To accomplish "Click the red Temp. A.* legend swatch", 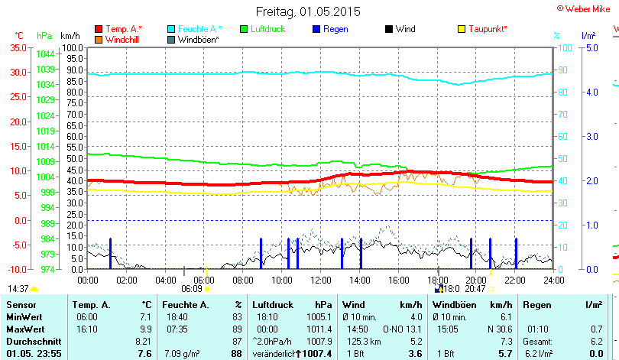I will (x=99, y=29).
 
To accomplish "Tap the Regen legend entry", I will (x=336, y=29).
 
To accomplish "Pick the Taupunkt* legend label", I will (x=488, y=29).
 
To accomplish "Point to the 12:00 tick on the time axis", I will (x=321, y=280).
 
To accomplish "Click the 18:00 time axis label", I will (x=437, y=280).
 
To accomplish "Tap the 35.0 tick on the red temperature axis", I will (x=16, y=47).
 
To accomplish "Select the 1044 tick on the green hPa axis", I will (x=45, y=54).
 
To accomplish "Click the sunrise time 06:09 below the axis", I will (x=191, y=289).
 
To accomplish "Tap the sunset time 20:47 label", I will (x=475, y=289).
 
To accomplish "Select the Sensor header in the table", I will (x=21, y=305).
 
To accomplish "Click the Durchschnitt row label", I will (x=31, y=340).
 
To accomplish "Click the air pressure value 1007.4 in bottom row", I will (x=316, y=353).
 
